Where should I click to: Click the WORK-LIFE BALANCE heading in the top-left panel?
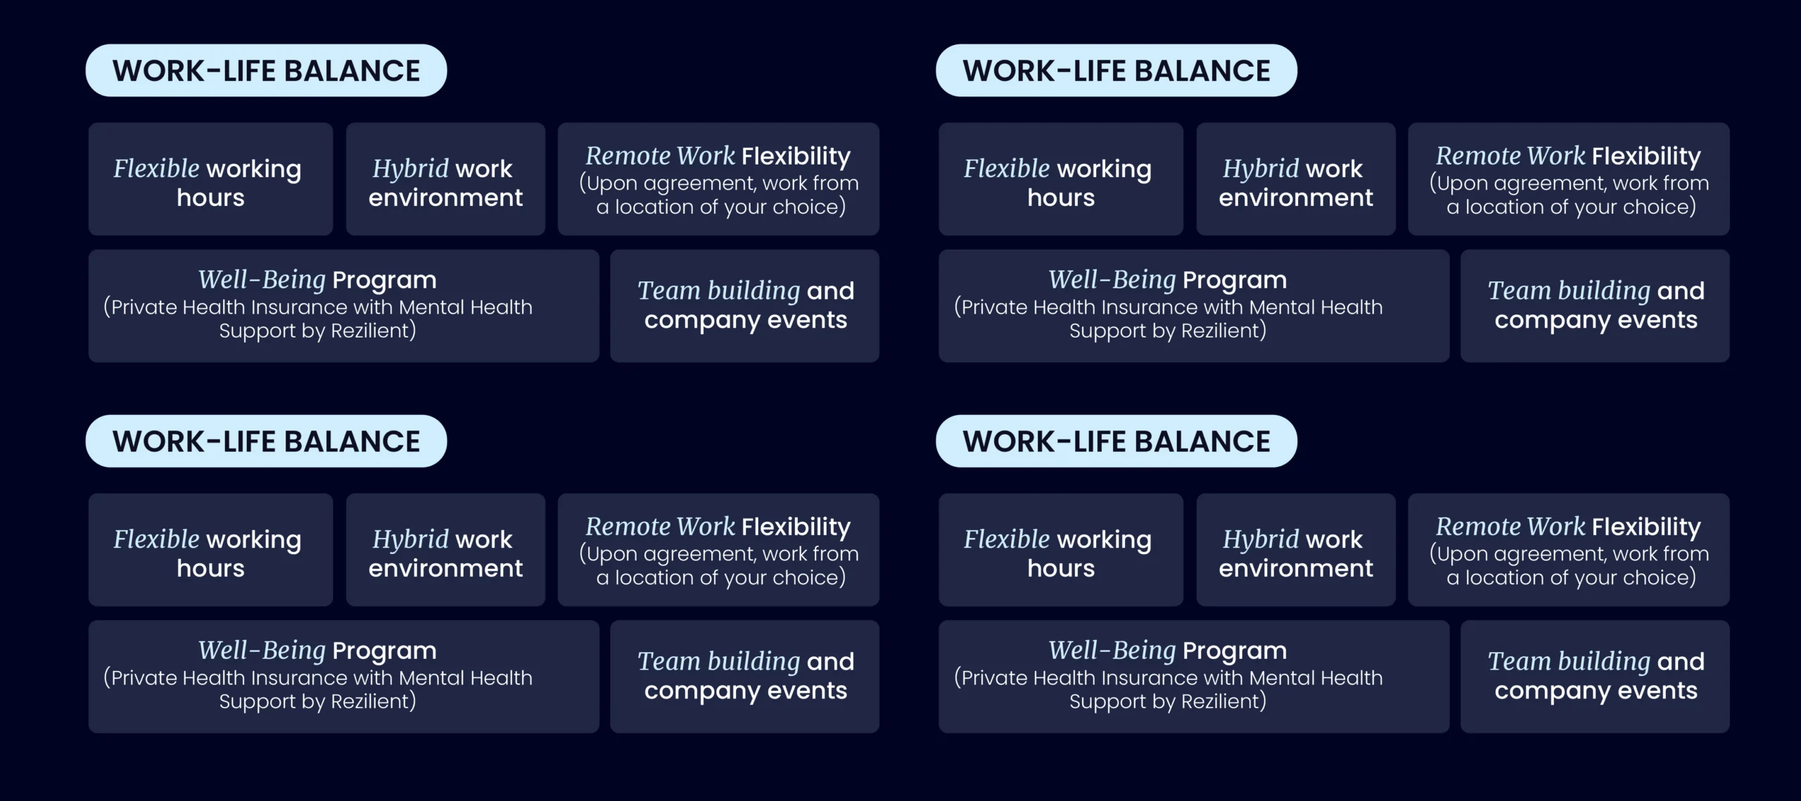click(x=266, y=70)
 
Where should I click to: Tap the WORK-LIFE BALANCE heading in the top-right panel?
click(x=1116, y=70)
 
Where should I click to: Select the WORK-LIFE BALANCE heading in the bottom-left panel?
click(x=266, y=441)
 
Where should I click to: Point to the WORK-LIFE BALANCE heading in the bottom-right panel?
click(x=1116, y=441)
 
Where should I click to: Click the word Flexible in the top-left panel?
click(x=157, y=169)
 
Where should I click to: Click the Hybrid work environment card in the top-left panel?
click(x=445, y=179)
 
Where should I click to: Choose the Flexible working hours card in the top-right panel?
click(x=1061, y=179)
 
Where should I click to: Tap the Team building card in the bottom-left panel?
click(x=745, y=677)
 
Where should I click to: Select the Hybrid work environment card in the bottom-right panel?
click(x=1296, y=550)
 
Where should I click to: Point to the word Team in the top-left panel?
click(x=669, y=290)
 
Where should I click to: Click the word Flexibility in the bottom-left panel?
click(x=796, y=527)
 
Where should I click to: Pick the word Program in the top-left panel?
click(x=384, y=281)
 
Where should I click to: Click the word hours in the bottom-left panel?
click(x=210, y=568)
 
